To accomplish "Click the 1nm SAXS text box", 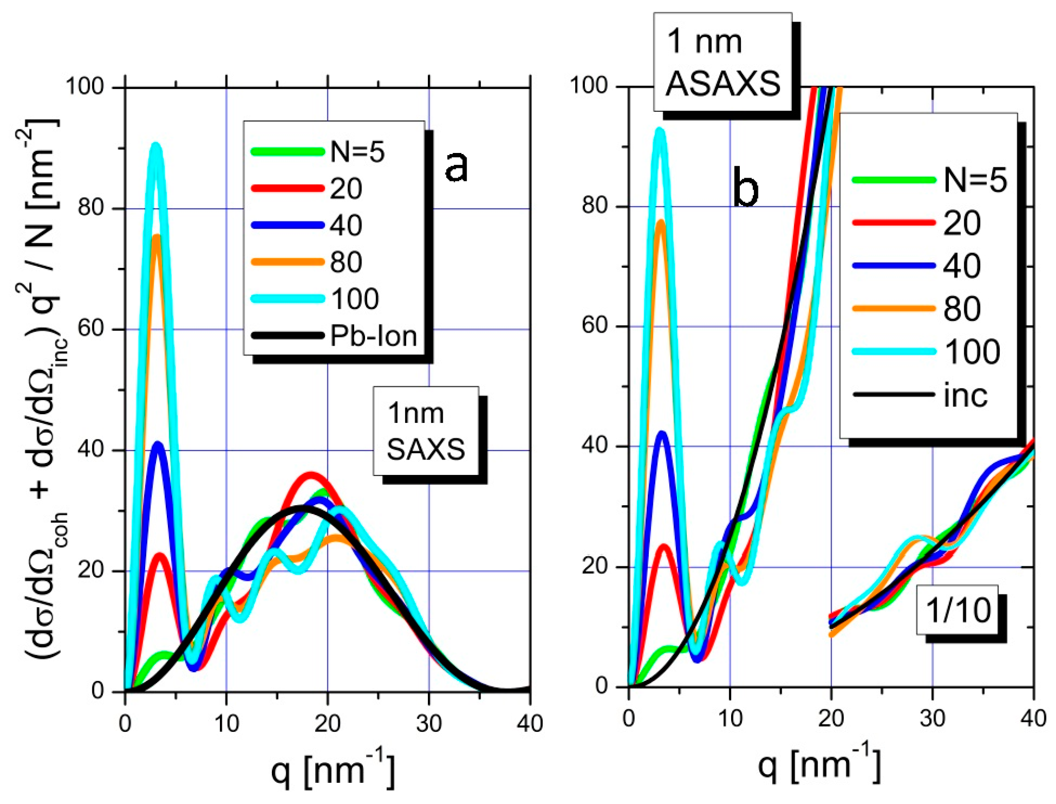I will point(426,431).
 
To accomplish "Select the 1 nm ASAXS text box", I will point(722,62).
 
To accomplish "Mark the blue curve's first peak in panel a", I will point(159,444).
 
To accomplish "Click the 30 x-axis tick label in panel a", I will point(429,724).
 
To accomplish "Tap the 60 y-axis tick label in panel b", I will point(595,326).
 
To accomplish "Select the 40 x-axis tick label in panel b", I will point(1033,718).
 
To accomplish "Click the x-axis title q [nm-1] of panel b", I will point(818,765).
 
